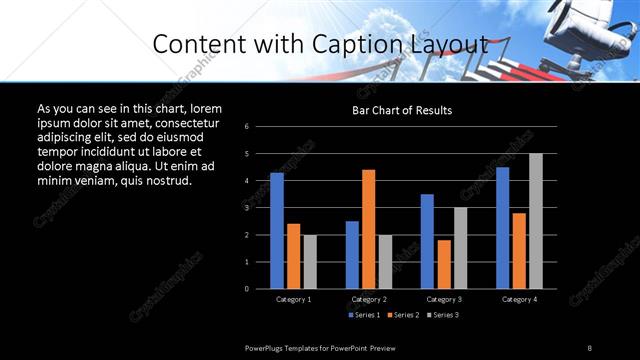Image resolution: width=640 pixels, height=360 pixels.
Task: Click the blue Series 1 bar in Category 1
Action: (277, 231)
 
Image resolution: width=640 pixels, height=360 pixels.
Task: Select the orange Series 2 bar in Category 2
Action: (368, 229)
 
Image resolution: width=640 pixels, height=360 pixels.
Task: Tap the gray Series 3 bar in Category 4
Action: (535, 221)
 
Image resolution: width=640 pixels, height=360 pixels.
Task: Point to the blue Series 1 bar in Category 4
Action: (502, 228)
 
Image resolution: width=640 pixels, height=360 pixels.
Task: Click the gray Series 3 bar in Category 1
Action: (310, 262)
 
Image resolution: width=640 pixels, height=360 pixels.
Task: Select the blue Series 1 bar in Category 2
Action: (352, 255)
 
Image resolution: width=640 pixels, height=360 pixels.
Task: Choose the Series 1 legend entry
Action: (365, 315)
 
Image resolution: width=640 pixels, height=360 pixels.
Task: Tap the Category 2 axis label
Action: (368, 299)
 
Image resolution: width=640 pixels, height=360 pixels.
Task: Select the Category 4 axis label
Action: (518, 299)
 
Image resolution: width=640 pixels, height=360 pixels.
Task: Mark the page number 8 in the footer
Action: (589, 347)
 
